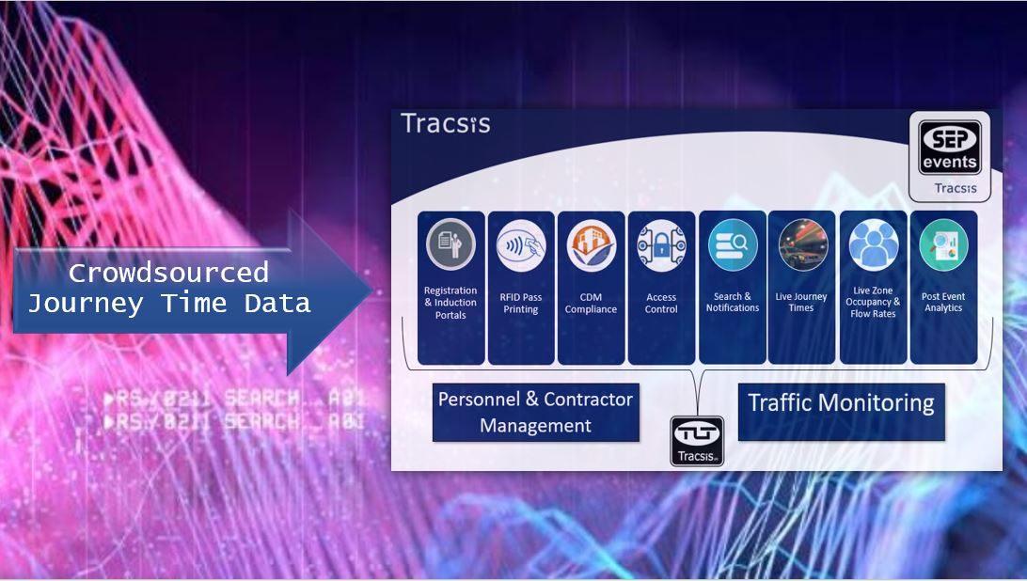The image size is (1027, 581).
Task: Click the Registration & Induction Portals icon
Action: [450, 245]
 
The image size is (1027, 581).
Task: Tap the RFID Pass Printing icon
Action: [521, 245]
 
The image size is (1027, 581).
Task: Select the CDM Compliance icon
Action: [591, 245]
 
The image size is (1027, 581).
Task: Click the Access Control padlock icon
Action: [661, 245]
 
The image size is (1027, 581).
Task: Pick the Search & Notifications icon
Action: [733, 245]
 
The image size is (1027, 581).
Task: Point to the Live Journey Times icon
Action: [802, 245]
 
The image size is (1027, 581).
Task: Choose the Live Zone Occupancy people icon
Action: [874, 245]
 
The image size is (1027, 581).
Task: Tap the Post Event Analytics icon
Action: [943, 245]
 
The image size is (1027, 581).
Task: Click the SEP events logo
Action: [949, 147]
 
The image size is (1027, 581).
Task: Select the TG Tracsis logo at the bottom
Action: [697, 441]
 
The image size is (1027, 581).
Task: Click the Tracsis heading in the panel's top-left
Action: [445, 124]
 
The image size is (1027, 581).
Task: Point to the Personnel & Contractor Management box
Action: [535, 412]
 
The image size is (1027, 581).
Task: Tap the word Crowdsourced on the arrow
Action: [168, 274]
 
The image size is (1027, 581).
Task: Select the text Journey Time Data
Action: [168, 304]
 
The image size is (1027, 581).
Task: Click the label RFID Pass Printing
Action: [521, 303]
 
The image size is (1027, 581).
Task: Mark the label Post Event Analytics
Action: [943, 302]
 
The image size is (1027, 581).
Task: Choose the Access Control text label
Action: [661, 303]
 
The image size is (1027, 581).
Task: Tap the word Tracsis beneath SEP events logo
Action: [956, 188]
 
